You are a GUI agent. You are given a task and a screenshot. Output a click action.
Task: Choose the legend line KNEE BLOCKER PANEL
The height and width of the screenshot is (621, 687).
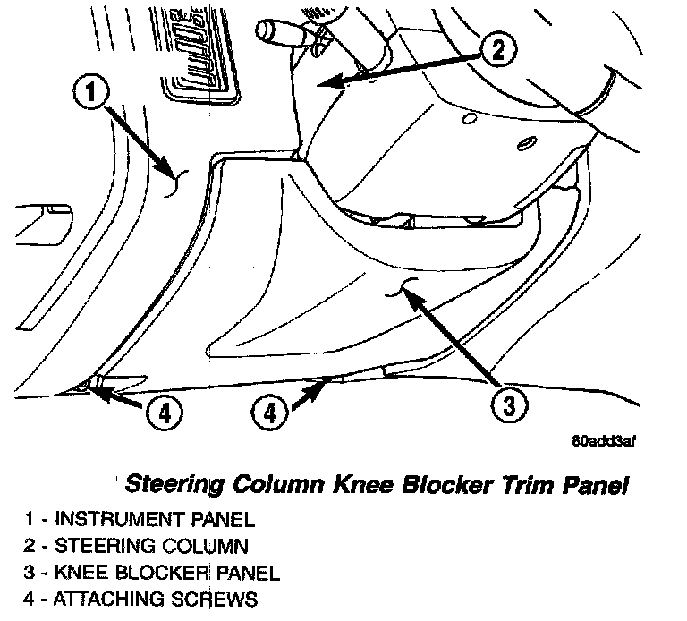point(152,572)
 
